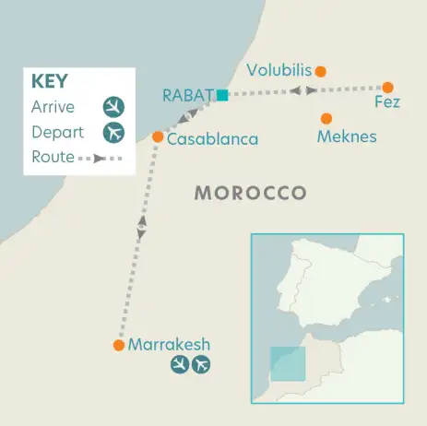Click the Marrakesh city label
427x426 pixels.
point(169,345)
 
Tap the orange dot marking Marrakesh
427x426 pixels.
point(118,346)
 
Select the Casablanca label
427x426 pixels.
point(212,139)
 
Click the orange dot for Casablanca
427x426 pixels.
point(158,137)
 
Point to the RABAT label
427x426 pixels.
point(187,95)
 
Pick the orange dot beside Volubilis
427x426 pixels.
point(320,71)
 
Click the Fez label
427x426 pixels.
point(387,102)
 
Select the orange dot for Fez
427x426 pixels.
point(387,87)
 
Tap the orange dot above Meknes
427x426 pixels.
point(326,118)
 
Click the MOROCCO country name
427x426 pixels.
point(250,193)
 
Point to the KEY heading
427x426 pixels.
point(49,80)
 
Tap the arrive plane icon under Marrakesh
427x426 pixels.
point(180,366)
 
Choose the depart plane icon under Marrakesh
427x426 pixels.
point(200,366)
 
